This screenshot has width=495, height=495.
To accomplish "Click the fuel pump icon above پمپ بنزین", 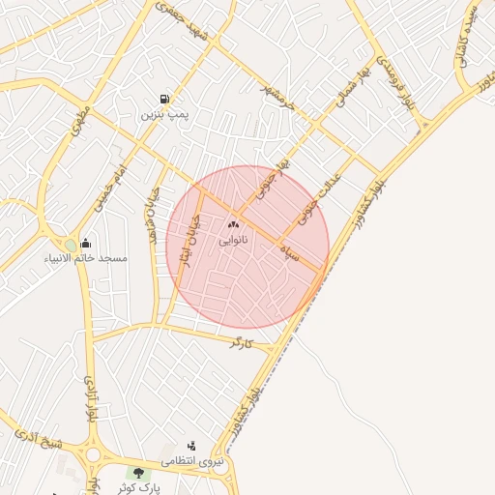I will (x=165, y=100).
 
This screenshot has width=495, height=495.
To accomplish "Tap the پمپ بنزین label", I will (x=162, y=114).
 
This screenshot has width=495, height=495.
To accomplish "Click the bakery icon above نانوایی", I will (x=233, y=224).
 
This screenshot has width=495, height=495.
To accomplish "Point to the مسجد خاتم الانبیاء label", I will (x=85, y=258).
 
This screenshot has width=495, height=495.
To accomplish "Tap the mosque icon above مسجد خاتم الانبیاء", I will (x=86, y=244).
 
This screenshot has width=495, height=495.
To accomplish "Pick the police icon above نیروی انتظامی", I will (x=191, y=446).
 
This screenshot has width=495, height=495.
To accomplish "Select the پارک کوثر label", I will (x=141, y=487).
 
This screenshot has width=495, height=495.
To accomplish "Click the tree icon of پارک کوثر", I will (x=140, y=473).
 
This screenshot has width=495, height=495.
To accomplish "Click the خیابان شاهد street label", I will (x=153, y=214).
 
